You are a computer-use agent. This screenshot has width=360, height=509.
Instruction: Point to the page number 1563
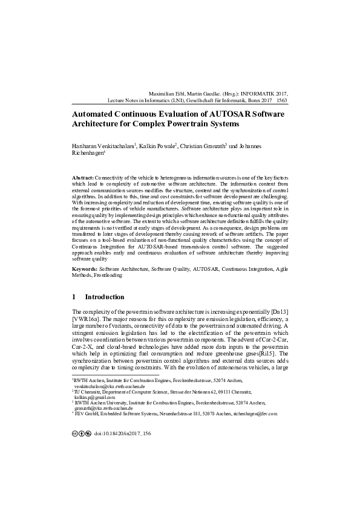pos(281,102)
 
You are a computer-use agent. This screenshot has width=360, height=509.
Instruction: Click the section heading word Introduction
pos(105,297)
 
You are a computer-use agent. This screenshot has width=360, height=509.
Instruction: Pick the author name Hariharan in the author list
pos(86,146)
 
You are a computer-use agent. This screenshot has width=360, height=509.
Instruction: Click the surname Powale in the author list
pos(162,146)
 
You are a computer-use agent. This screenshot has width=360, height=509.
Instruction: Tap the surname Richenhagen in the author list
pos(88,154)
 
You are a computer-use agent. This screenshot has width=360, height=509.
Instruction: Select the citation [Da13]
pos(280,311)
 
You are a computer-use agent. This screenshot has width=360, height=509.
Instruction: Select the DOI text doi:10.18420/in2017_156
pos(122,433)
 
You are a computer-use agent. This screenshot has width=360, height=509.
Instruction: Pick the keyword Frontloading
pos(108,274)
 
